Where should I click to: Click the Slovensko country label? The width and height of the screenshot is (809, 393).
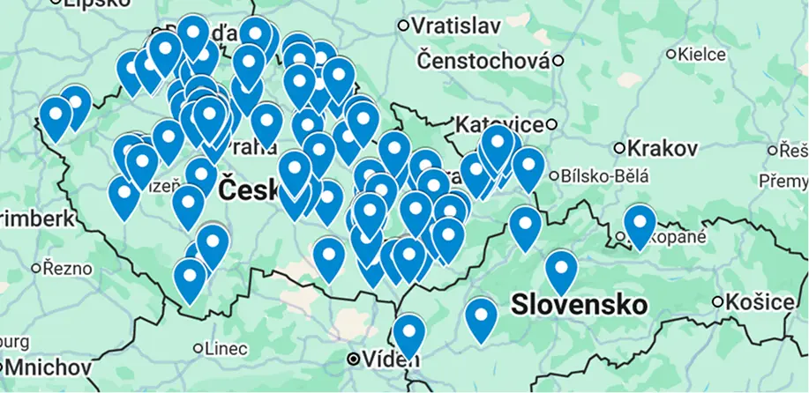click(x=578, y=305)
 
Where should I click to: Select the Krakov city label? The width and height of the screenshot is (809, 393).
click(x=655, y=145)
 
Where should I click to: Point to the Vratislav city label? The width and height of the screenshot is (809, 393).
click(x=456, y=26)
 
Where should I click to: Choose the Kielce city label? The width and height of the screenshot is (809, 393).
click(x=702, y=55)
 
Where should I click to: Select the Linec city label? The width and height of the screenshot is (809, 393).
click(x=225, y=349)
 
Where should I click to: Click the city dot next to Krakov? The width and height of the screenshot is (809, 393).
click(x=620, y=147)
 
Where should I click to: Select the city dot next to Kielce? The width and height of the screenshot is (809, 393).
click(x=670, y=55)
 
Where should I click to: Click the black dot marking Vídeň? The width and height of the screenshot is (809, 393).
click(x=353, y=360)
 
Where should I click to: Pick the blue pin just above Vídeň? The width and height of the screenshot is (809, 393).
click(x=408, y=333)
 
